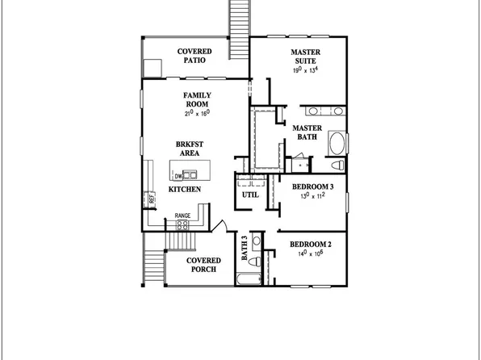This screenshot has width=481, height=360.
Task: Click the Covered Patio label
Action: pyautogui.click(x=194, y=56)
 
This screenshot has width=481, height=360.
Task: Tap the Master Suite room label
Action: pyautogui.click(x=306, y=56)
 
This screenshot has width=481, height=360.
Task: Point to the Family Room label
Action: pyautogui.click(x=197, y=100)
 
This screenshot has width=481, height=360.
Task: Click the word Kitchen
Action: pyautogui.click(x=184, y=189)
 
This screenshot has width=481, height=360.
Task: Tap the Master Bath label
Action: pyautogui.click(x=307, y=132)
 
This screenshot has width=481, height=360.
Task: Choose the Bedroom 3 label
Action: pyautogui.click(x=312, y=186)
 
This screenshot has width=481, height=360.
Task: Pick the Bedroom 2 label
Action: pyautogui.click(x=312, y=244)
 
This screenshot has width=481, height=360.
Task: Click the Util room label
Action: pyautogui.click(x=249, y=195)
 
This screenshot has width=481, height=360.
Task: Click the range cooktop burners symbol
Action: pyautogui.click(x=183, y=225)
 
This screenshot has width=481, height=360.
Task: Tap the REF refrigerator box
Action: pyautogui.click(x=150, y=196)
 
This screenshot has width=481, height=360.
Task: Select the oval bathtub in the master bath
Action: pyautogui.click(x=337, y=144)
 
